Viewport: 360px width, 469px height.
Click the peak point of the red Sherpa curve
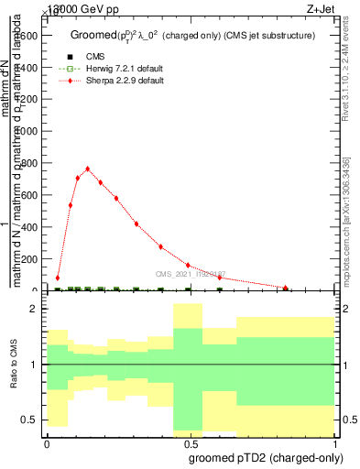87,169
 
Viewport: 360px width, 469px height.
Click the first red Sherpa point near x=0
58,278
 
